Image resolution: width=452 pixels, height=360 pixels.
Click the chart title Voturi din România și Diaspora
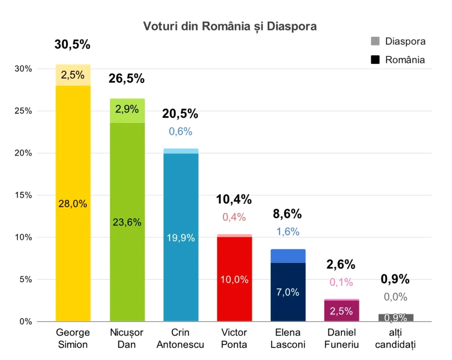pos(230,26)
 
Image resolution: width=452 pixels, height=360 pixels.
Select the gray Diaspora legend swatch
pos(375,41)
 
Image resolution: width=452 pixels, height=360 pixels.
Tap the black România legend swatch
pos(375,60)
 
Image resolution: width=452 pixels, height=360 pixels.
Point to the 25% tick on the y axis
pos(24,111)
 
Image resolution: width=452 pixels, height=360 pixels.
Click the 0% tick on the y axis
pos(25,322)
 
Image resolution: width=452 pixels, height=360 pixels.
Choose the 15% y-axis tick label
pos(24,195)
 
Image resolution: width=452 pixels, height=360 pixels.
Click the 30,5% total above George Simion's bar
pos(73,45)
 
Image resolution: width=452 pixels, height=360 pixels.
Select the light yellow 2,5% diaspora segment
pos(73,75)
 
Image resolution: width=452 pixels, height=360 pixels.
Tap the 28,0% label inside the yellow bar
pos(73,204)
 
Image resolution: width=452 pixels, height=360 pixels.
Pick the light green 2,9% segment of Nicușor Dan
pos(127,111)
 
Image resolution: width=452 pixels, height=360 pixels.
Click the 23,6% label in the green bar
pos(127,222)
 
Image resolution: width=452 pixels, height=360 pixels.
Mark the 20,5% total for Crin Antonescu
pos(180,114)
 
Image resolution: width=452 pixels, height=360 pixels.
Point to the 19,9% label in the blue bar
pos(181,238)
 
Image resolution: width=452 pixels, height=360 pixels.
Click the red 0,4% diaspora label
pos(234,217)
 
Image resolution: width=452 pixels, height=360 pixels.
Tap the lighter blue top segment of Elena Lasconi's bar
pos(288,256)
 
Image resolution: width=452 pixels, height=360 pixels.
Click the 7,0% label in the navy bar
pos(288,292)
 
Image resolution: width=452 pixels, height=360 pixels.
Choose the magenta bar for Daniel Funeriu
pos(342,311)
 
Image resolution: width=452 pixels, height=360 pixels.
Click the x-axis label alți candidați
pos(395,338)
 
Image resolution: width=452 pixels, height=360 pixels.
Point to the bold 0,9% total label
pos(395,279)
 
